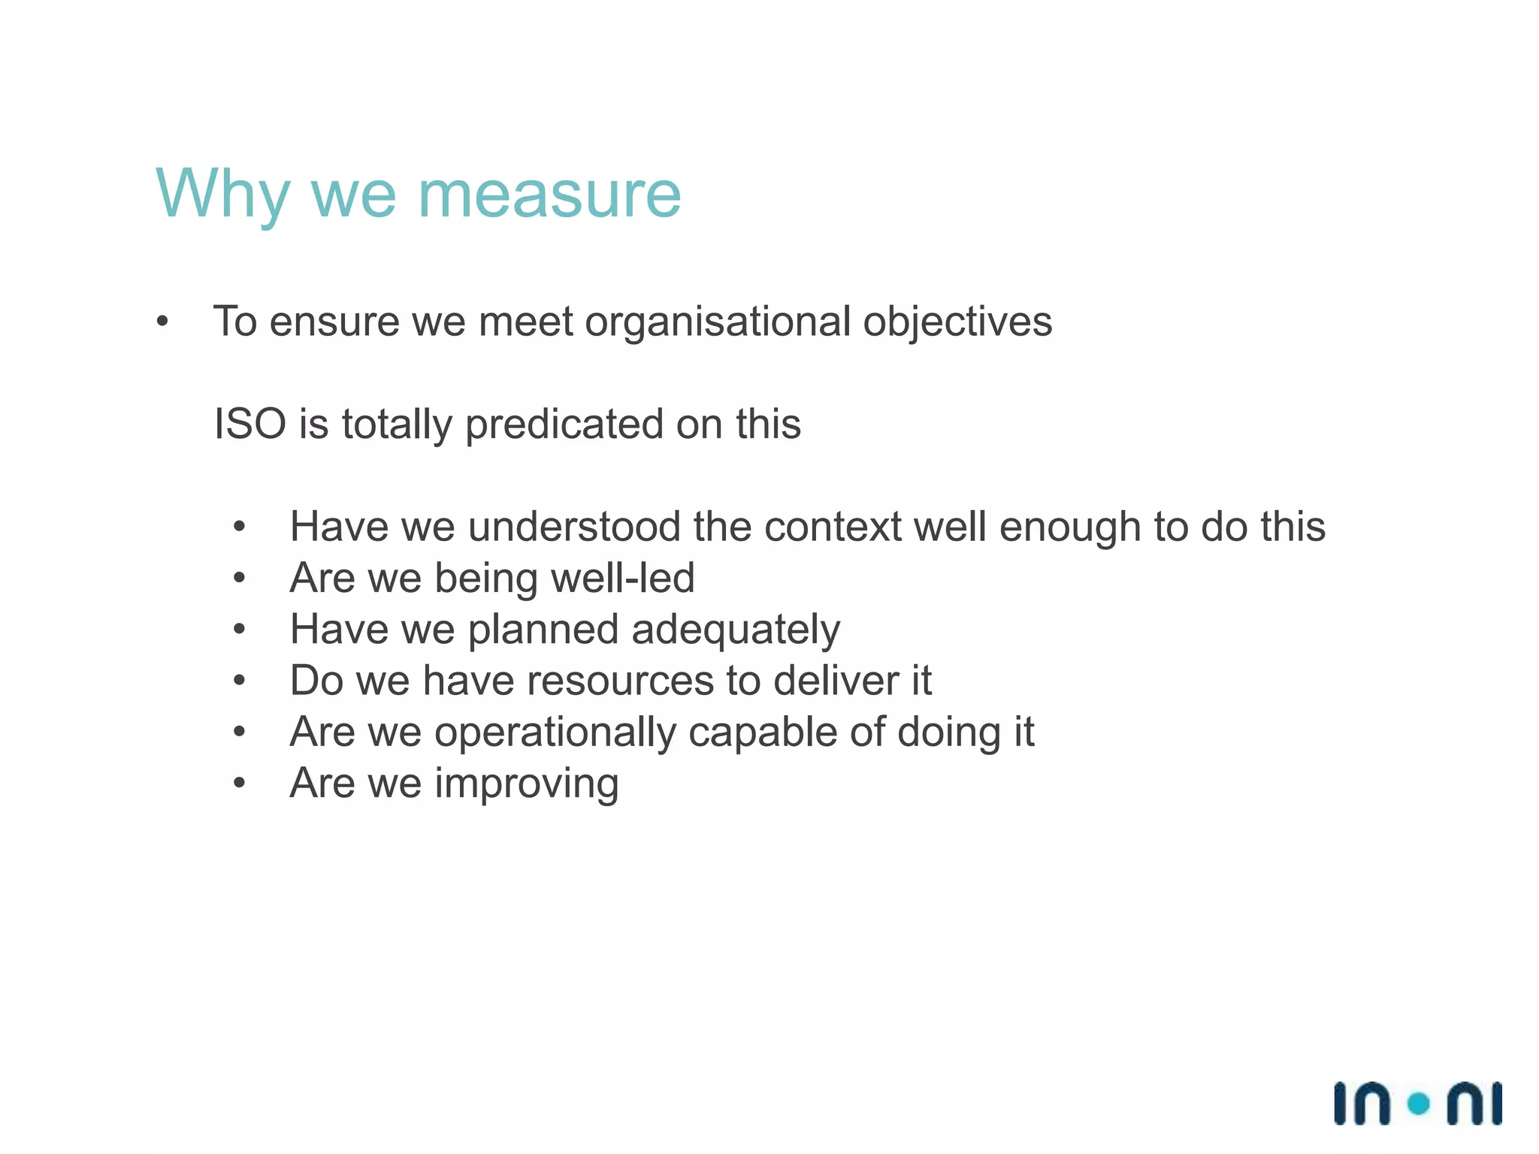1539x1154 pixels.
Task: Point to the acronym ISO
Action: tap(250, 424)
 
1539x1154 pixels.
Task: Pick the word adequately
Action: tap(736, 630)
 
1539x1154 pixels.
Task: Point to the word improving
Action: tap(527, 784)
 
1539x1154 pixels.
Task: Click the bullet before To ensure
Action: tap(162, 323)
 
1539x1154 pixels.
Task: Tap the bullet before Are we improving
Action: tap(239, 784)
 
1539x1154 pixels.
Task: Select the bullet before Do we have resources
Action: tap(239, 681)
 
